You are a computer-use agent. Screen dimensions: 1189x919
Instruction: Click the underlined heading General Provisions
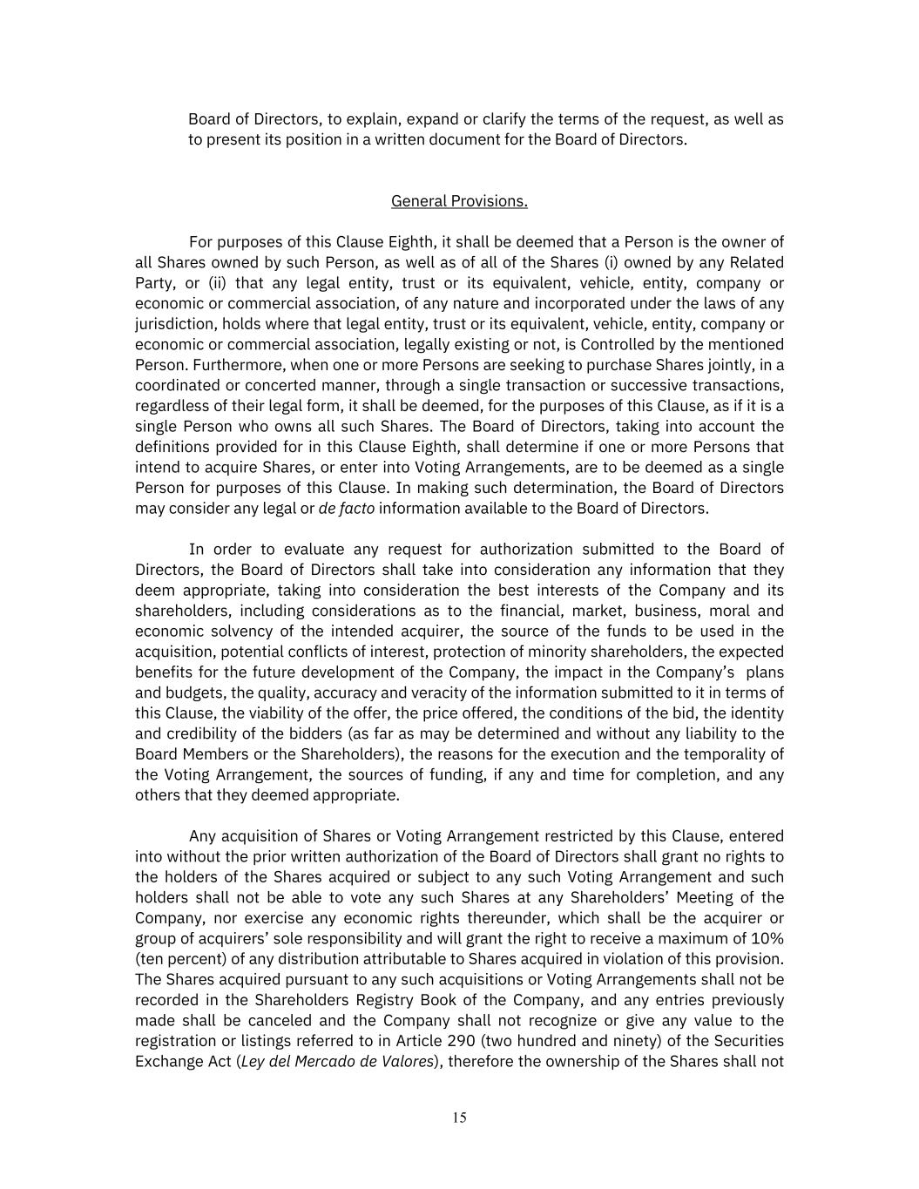(459, 201)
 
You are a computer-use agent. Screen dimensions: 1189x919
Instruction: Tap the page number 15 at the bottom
(459, 1118)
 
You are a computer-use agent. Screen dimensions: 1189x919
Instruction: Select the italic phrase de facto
(347, 509)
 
